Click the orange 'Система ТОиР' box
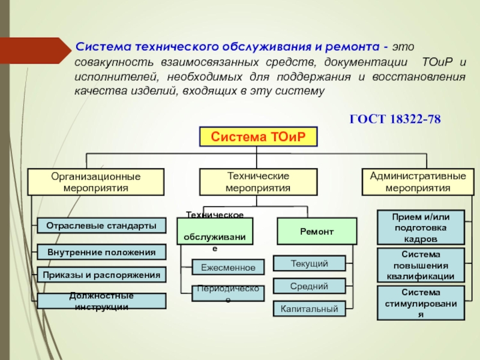257,137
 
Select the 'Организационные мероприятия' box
96,182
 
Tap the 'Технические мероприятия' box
257,182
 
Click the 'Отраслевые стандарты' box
101,225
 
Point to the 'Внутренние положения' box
101,252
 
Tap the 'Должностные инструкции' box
101,301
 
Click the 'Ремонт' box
316,231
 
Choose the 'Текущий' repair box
309,263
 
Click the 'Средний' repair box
309,286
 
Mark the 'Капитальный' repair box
309,309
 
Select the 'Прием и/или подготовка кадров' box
420,227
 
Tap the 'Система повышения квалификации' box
420,265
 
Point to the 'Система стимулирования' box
420,303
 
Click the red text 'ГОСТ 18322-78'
395,120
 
